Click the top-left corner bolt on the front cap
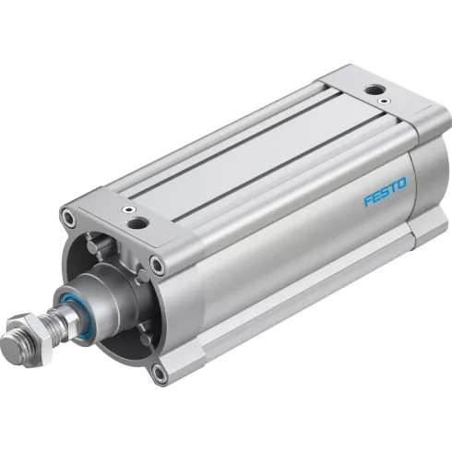click(x=67, y=219)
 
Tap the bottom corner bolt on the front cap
click(x=160, y=373)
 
